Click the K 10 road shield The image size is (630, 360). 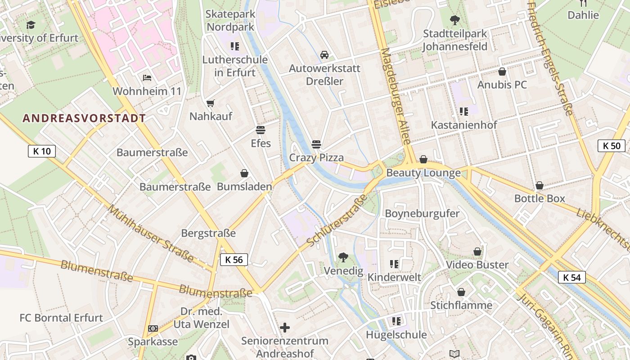click(41, 151)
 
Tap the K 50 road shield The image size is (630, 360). click(611, 145)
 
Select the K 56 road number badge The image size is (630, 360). click(234, 260)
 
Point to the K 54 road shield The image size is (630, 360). click(572, 277)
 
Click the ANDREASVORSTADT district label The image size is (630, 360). click(84, 118)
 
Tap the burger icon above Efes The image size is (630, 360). click(261, 130)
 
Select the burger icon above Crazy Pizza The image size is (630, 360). click(316, 144)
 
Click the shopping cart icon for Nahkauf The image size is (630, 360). click(210, 103)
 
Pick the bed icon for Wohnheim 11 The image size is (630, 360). click(147, 78)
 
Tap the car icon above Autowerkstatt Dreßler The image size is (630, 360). click(324, 55)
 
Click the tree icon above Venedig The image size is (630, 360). click(343, 257)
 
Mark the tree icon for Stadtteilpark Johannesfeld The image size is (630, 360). click(455, 20)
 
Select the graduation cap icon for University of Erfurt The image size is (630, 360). click(31, 25)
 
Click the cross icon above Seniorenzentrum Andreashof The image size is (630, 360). click(284, 327)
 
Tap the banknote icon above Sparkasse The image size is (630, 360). click(153, 328)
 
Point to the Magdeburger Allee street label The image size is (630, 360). click(396, 97)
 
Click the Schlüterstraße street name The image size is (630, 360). click(337, 220)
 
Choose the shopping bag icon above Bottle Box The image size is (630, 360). click(539, 185)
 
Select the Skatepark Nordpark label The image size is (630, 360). click(230, 20)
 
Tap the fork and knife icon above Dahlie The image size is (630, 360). click(583, 3)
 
